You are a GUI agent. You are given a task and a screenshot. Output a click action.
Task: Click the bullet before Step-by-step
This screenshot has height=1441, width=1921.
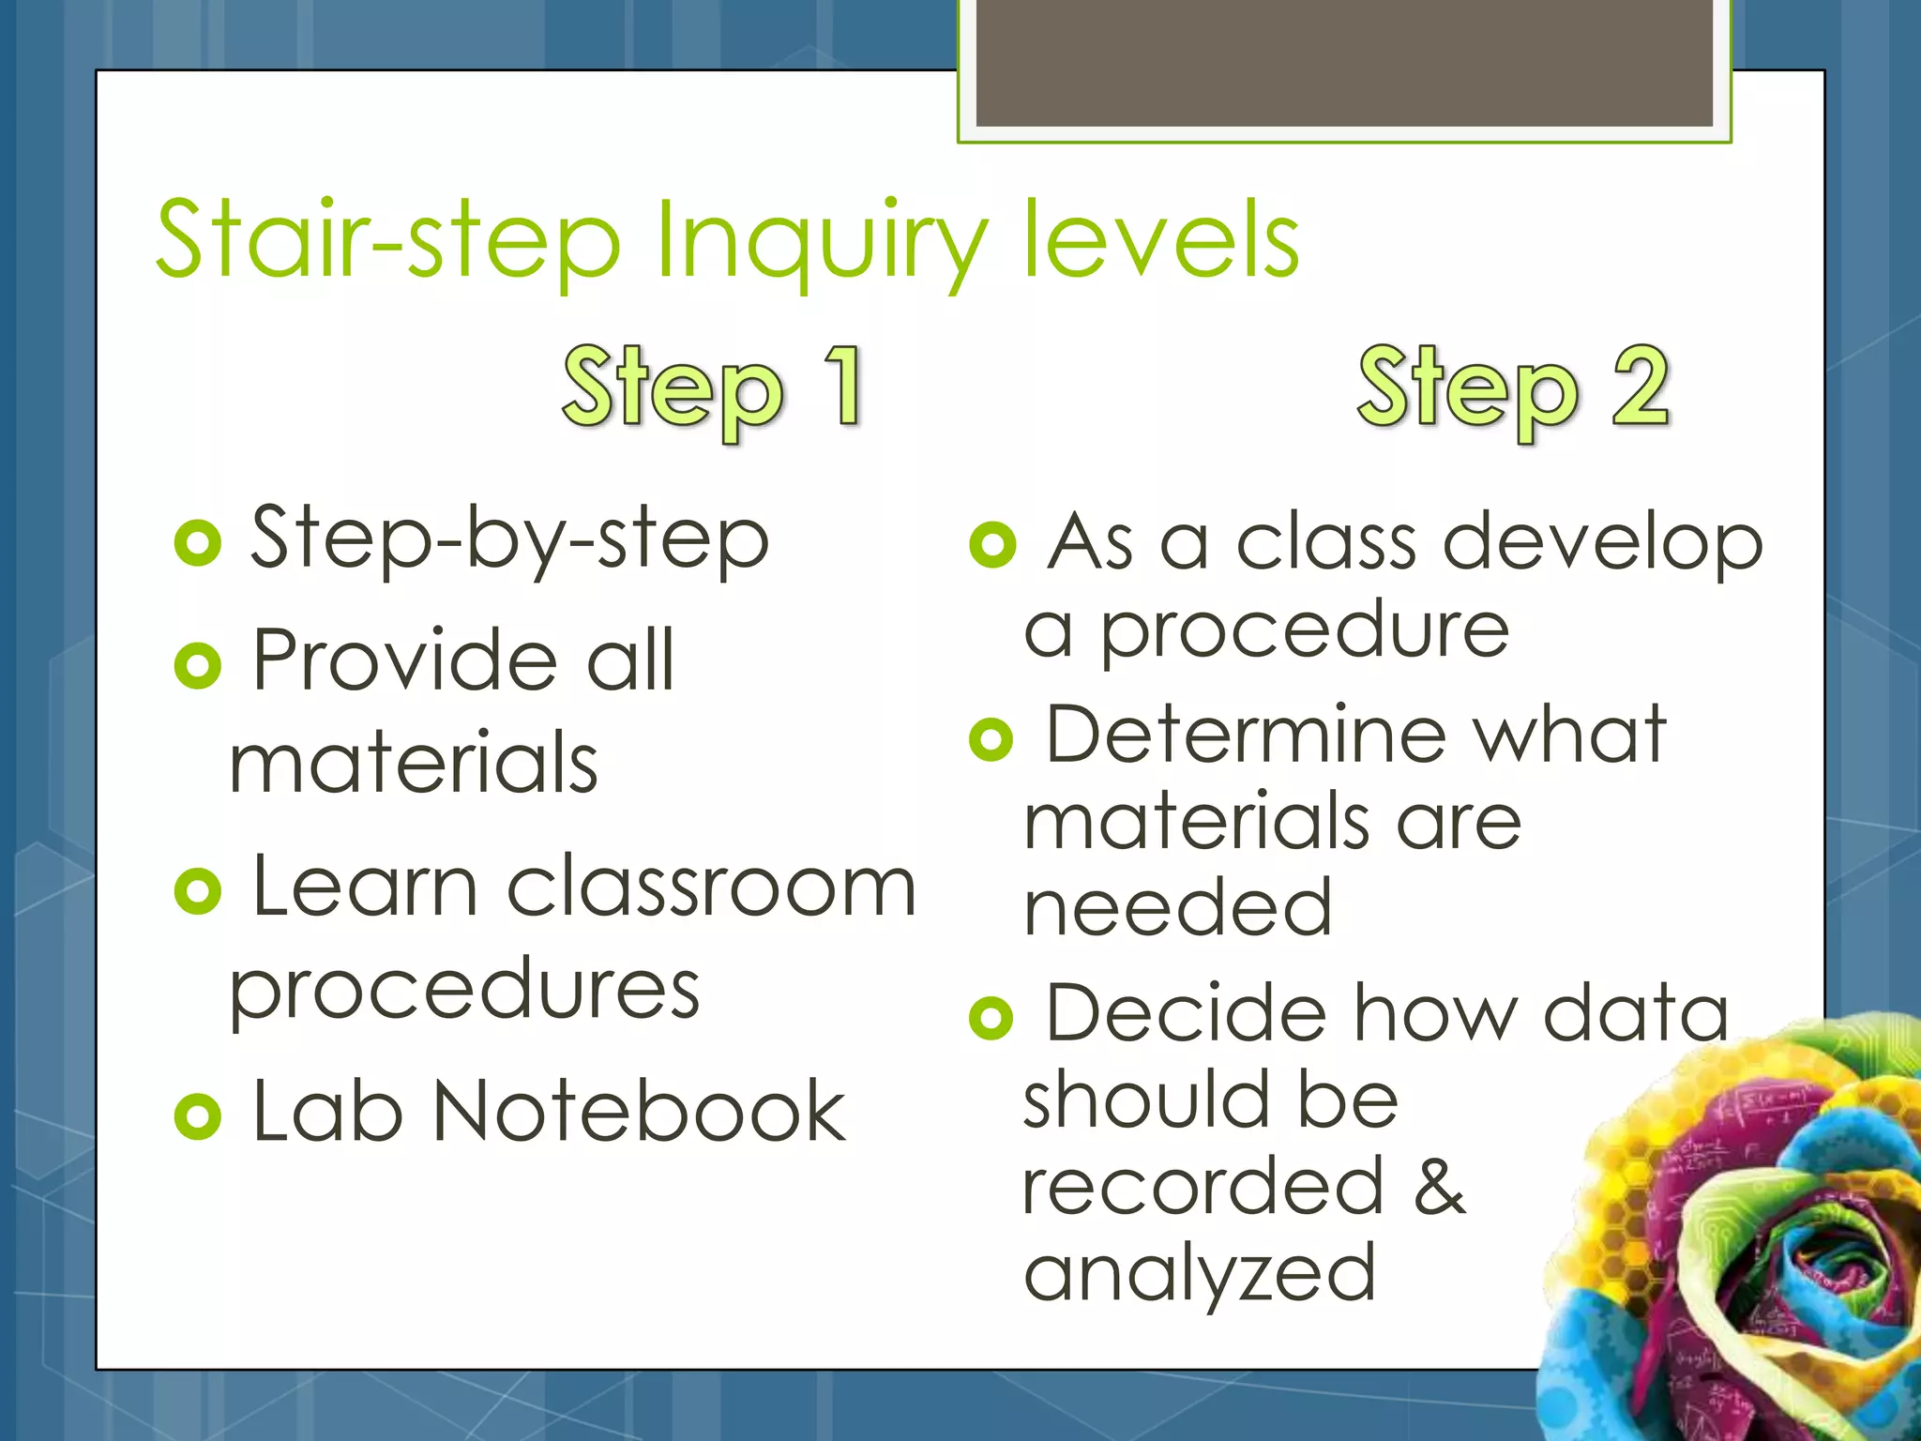[x=198, y=543]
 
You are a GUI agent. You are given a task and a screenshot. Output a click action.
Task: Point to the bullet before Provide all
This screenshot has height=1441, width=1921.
[x=198, y=665]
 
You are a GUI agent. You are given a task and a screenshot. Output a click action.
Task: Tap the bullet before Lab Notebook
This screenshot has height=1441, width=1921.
[x=198, y=1115]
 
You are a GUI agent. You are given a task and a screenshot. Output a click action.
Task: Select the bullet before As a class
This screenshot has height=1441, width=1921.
[x=993, y=545]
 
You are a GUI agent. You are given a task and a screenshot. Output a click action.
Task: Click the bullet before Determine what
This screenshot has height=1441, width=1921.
[x=991, y=738]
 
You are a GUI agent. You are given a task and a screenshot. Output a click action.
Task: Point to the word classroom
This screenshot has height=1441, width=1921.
[x=711, y=887]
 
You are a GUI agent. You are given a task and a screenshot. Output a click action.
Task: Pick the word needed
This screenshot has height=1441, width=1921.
[x=1178, y=907]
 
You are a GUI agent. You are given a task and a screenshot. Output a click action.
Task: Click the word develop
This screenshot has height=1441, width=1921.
[x=1603, y=544]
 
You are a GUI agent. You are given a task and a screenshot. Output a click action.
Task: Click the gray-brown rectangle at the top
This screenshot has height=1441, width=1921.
[x=1344, y=64]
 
